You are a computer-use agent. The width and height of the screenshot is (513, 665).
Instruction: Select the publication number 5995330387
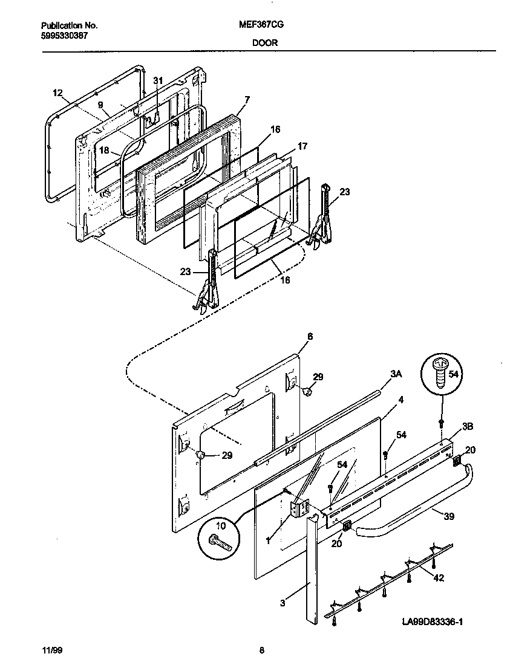[x=65, y=36]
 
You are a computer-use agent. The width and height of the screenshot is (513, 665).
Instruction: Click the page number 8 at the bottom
[x=261, y=650]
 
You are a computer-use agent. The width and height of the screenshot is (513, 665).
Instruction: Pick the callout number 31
[x=158, y=80]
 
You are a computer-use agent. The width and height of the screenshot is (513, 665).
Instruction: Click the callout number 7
[x=247, y=99]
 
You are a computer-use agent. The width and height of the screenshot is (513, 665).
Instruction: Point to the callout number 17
[x=302, y=146]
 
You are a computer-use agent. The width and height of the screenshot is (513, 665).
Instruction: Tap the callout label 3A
[x=396, y=374]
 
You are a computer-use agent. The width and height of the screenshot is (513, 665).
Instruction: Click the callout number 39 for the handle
[x=448, y=516]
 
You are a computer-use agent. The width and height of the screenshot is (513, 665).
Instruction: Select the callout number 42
[x=439, y=577]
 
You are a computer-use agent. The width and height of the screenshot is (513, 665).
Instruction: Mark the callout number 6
[x=310, y=336]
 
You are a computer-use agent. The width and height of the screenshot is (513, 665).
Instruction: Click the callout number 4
[x=400, y=400]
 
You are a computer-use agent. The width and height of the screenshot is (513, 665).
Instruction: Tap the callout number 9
[x=100, y=104]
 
